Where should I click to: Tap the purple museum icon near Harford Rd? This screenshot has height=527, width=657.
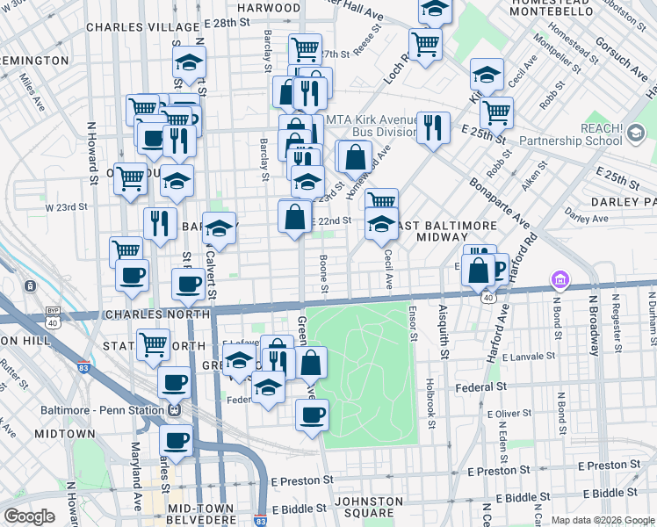(x=558, y=280)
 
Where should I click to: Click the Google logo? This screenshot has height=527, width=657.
(x=29, y=516)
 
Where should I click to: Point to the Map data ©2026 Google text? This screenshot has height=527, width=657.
(x=602, y=520)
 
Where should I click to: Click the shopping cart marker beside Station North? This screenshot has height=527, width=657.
(x=154, y=345)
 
